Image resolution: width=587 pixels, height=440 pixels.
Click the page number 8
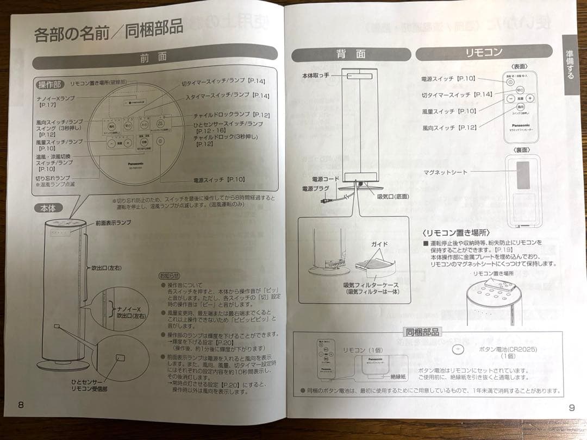tap(21, 404)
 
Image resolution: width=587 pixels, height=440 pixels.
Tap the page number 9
tap(571, 408)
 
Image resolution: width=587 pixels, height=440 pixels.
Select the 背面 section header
tap(350, 54)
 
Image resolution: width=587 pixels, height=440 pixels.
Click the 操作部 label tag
tap(50, 84)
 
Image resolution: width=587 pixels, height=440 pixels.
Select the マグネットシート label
tap(445, 172)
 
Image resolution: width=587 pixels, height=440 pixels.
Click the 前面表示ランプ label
tap(113, 223)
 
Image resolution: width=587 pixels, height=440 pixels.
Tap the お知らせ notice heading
tap(168, 275)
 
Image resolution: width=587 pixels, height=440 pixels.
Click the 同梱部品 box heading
tap(422, 332)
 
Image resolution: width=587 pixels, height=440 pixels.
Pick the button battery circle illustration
tap(457, 350)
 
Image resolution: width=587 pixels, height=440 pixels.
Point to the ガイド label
tap(379, 245)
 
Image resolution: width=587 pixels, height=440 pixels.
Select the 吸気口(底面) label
tap(392, 197)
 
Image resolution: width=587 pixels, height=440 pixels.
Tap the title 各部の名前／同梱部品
tap(108, 32)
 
